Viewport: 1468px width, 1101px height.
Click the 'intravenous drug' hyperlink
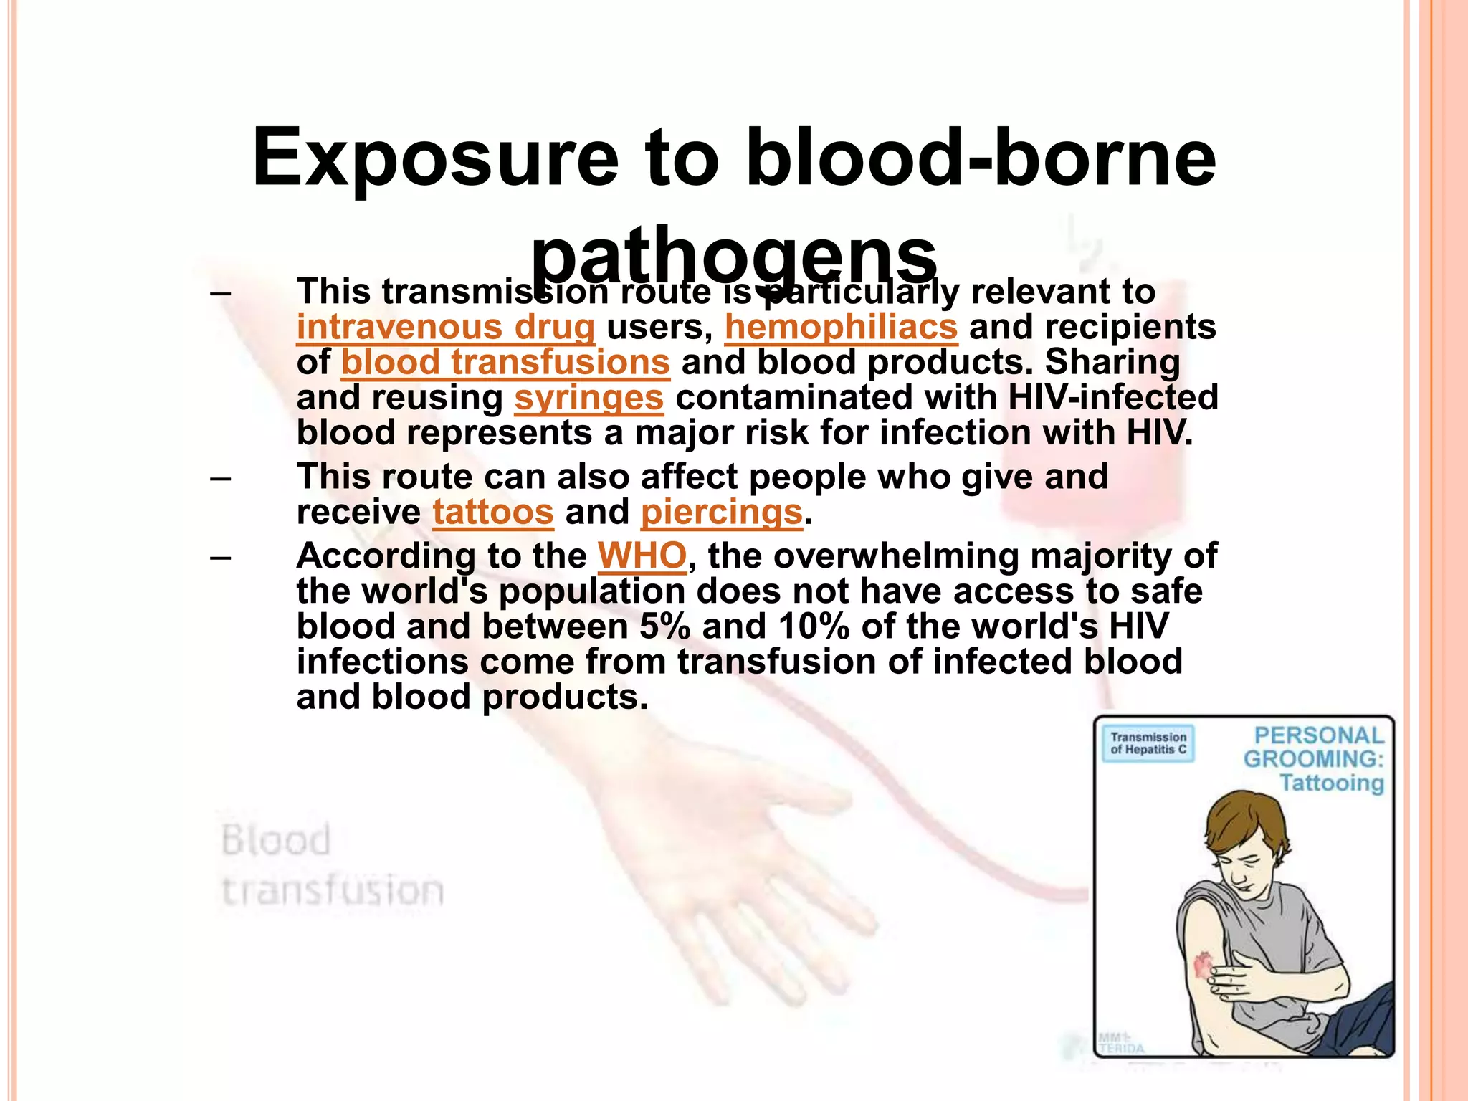445,328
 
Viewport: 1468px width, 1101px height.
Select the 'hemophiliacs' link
841,328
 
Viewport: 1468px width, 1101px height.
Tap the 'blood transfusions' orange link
505,363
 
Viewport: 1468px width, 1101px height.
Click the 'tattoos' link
493,513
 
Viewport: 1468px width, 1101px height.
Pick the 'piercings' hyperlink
721,513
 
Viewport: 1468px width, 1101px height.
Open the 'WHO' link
642,556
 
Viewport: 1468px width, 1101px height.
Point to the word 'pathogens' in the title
733,254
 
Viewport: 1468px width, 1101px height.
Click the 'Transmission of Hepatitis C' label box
1148,743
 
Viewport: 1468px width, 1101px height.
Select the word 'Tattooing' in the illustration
1332,783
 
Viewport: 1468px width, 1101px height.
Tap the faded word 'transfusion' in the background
333,891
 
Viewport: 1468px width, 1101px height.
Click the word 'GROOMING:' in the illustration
1313,759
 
